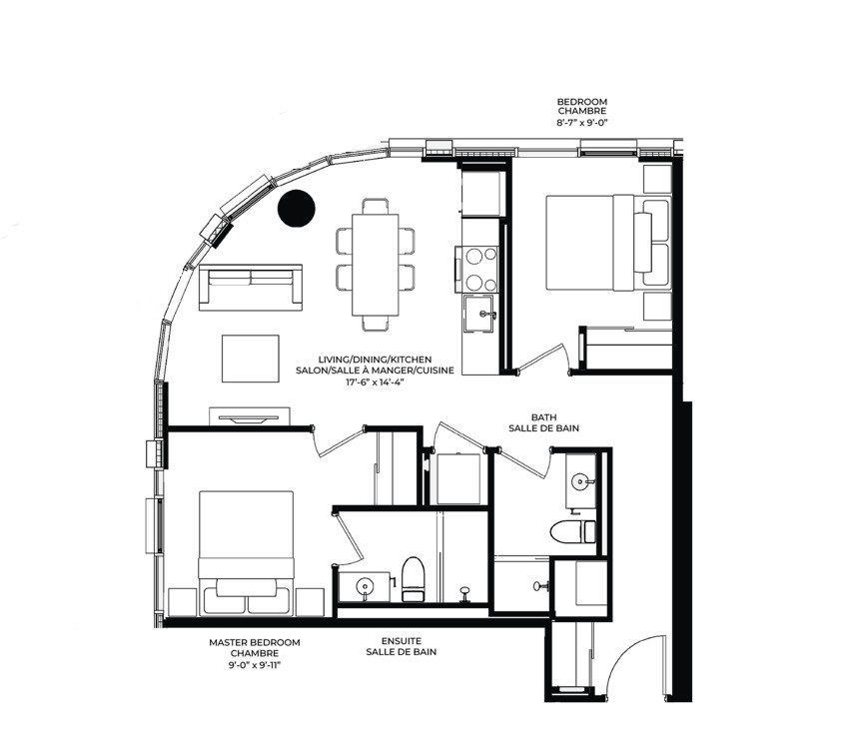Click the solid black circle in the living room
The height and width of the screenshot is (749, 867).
297,208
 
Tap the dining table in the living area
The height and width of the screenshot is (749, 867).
376,265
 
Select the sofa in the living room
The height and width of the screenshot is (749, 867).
251,288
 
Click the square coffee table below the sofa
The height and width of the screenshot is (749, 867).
251,359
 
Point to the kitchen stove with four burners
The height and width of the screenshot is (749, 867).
477,270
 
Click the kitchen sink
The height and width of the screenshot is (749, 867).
478,315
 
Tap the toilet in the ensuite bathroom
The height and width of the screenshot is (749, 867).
413,579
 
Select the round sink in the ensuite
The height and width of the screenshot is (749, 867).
365,586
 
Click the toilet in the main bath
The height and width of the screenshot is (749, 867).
573,531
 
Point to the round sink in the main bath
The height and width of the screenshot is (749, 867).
580,481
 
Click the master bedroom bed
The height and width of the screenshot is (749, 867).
246,553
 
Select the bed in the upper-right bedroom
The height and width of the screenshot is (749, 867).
608,242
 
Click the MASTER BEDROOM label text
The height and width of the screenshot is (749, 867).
255,642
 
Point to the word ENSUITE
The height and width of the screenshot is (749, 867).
402,641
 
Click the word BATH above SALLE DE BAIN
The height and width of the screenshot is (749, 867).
543,417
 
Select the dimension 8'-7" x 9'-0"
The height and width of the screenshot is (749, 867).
582,123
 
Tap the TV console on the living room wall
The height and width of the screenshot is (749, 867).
250,416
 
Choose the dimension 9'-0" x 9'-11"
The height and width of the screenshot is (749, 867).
255,665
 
